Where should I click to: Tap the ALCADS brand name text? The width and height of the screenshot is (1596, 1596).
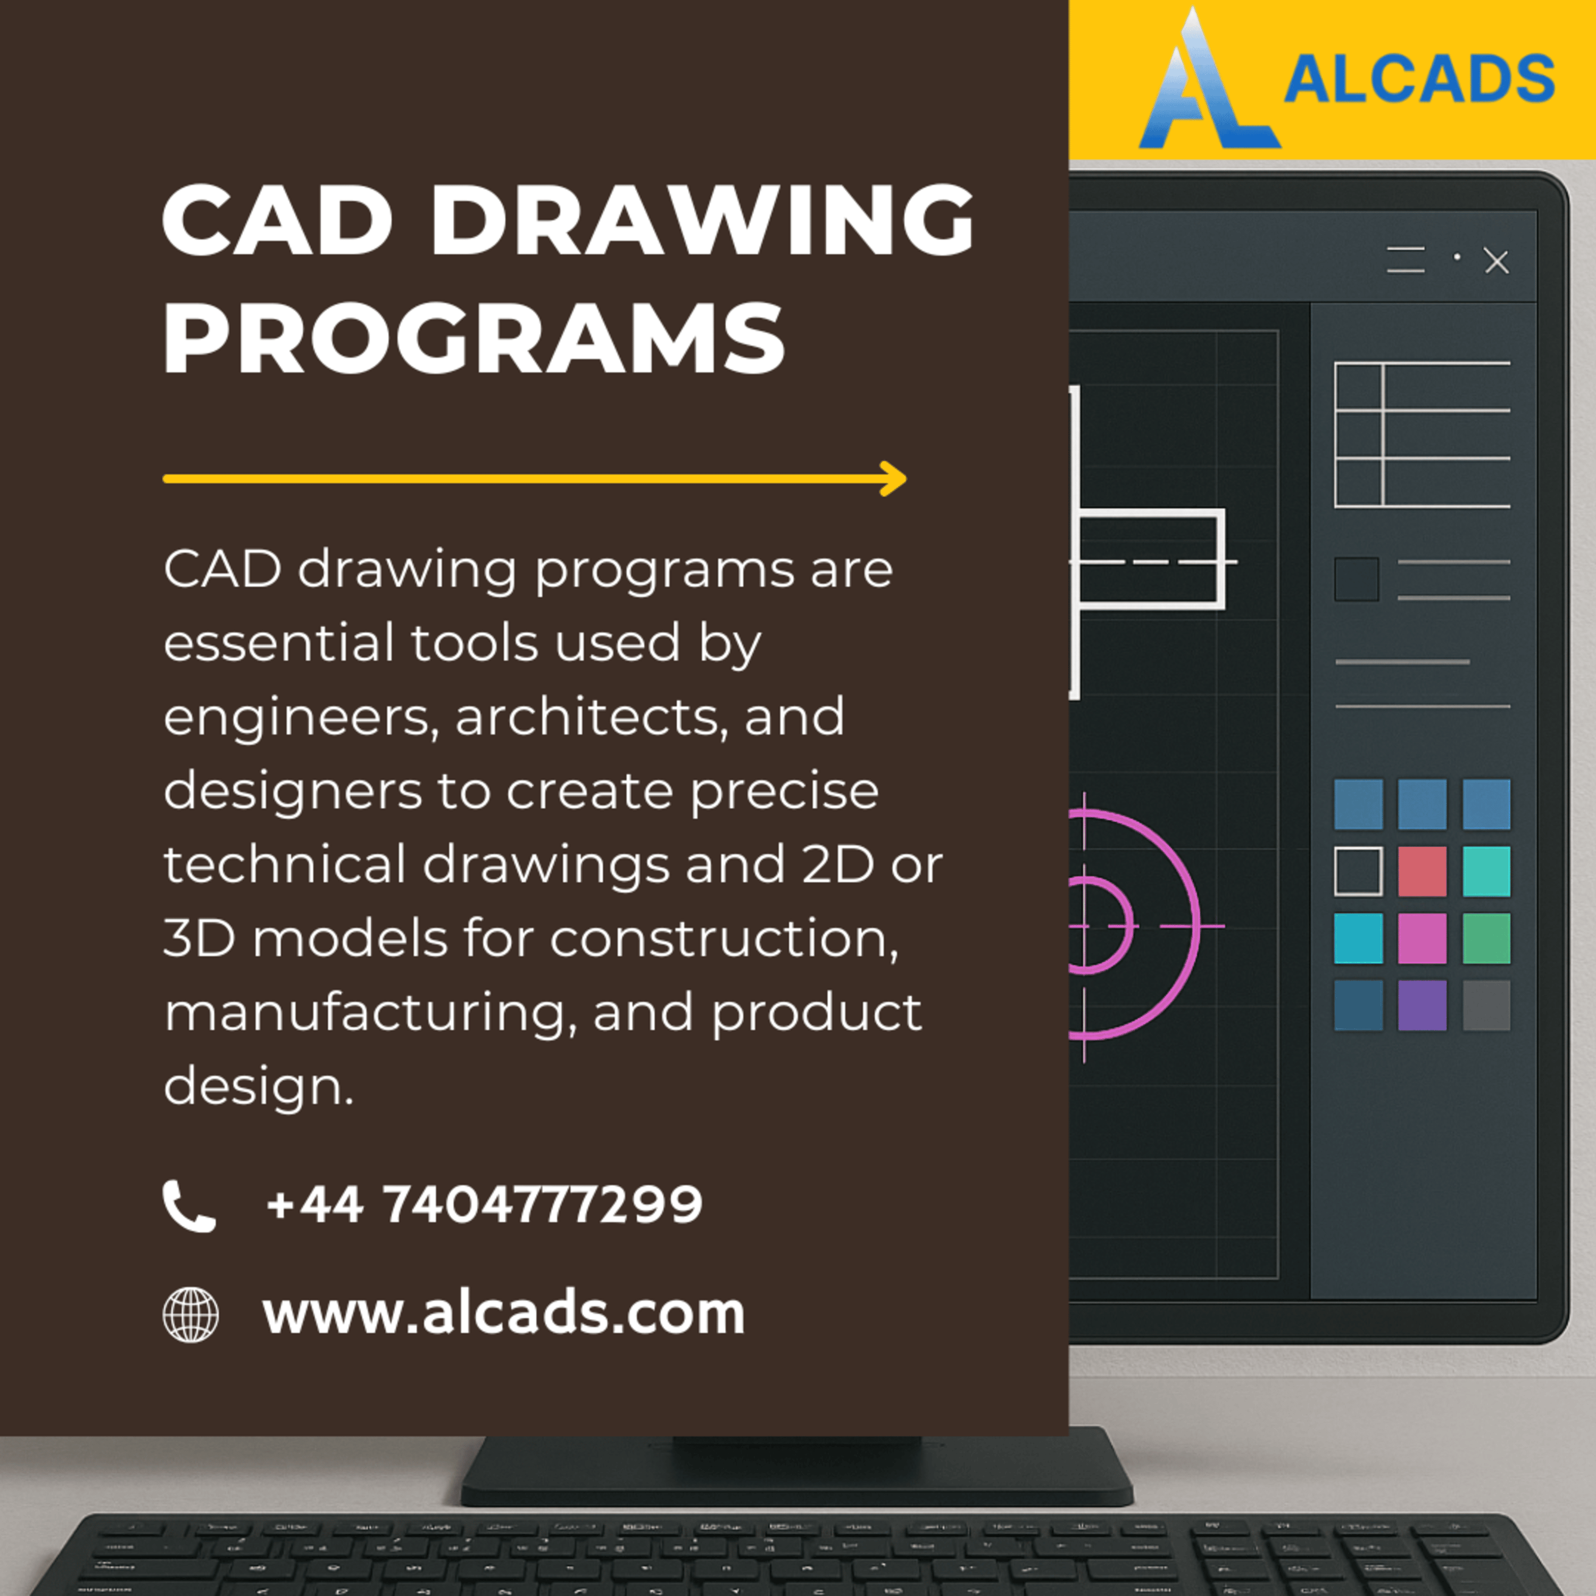coord(1419,79)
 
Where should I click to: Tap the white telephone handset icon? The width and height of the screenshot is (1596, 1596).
coord(189,1206)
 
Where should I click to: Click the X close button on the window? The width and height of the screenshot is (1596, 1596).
coord(1497,262)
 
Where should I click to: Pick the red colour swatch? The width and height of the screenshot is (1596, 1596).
coord(1423,871)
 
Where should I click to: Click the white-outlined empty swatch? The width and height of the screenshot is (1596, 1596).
coord(1358,871)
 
